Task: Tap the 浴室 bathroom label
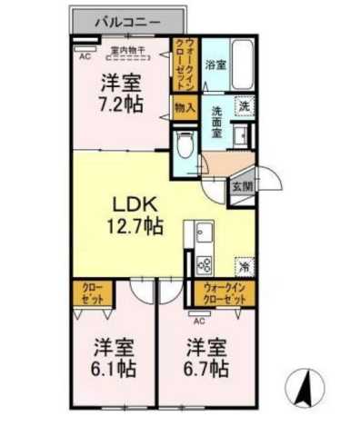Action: [x=215, y=65]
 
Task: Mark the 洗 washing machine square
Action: [x=244, y=106]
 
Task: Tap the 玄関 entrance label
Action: [x=240, y=185]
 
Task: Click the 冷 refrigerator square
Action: [x=245, y=266]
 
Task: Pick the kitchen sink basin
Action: [x=202, y=235]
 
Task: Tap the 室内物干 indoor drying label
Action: [x=129, y=49]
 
